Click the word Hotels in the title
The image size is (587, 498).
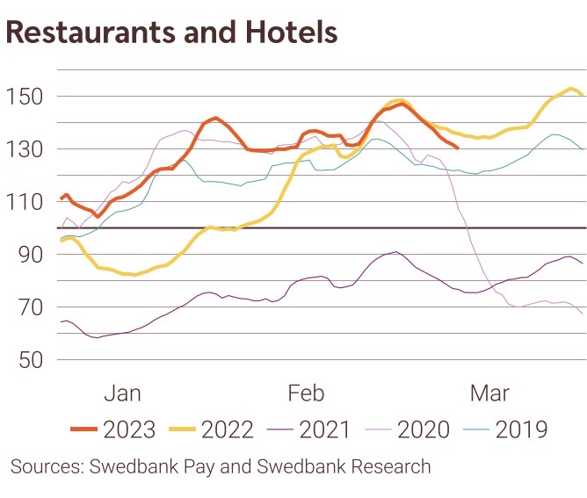[x=289, y=32]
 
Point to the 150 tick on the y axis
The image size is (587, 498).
[x=25, y=97]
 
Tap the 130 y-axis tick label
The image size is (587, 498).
[x=25, y=149]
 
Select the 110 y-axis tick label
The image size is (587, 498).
[x=25, y=202]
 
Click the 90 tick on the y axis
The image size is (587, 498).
[x=31, y=255]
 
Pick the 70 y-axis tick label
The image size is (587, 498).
[x=31, y=307]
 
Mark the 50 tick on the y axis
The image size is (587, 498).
[x=31, y=360]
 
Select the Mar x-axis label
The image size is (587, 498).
[x=490, y=392]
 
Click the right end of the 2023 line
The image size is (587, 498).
[x=457, y=148]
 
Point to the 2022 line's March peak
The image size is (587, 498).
[x=571, y=89]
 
